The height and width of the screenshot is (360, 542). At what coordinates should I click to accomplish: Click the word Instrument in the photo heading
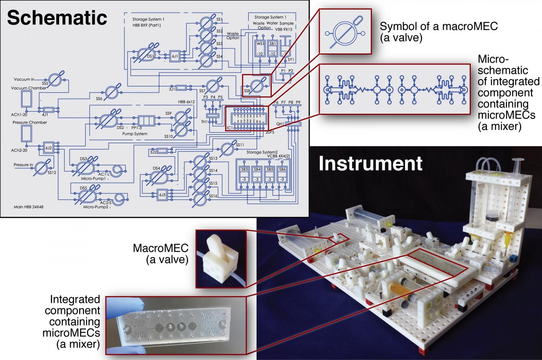(x=370, y=164)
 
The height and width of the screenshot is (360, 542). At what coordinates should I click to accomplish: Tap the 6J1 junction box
(x=175, y=56)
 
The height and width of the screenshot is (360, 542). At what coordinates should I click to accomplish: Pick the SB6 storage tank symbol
(x=282, y=174)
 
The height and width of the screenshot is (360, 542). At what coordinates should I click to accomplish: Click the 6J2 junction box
(x=49, y=148)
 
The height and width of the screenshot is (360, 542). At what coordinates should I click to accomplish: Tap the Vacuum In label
(x=24, y=79)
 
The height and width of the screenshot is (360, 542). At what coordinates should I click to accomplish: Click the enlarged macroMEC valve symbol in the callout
(x=345, y=32)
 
